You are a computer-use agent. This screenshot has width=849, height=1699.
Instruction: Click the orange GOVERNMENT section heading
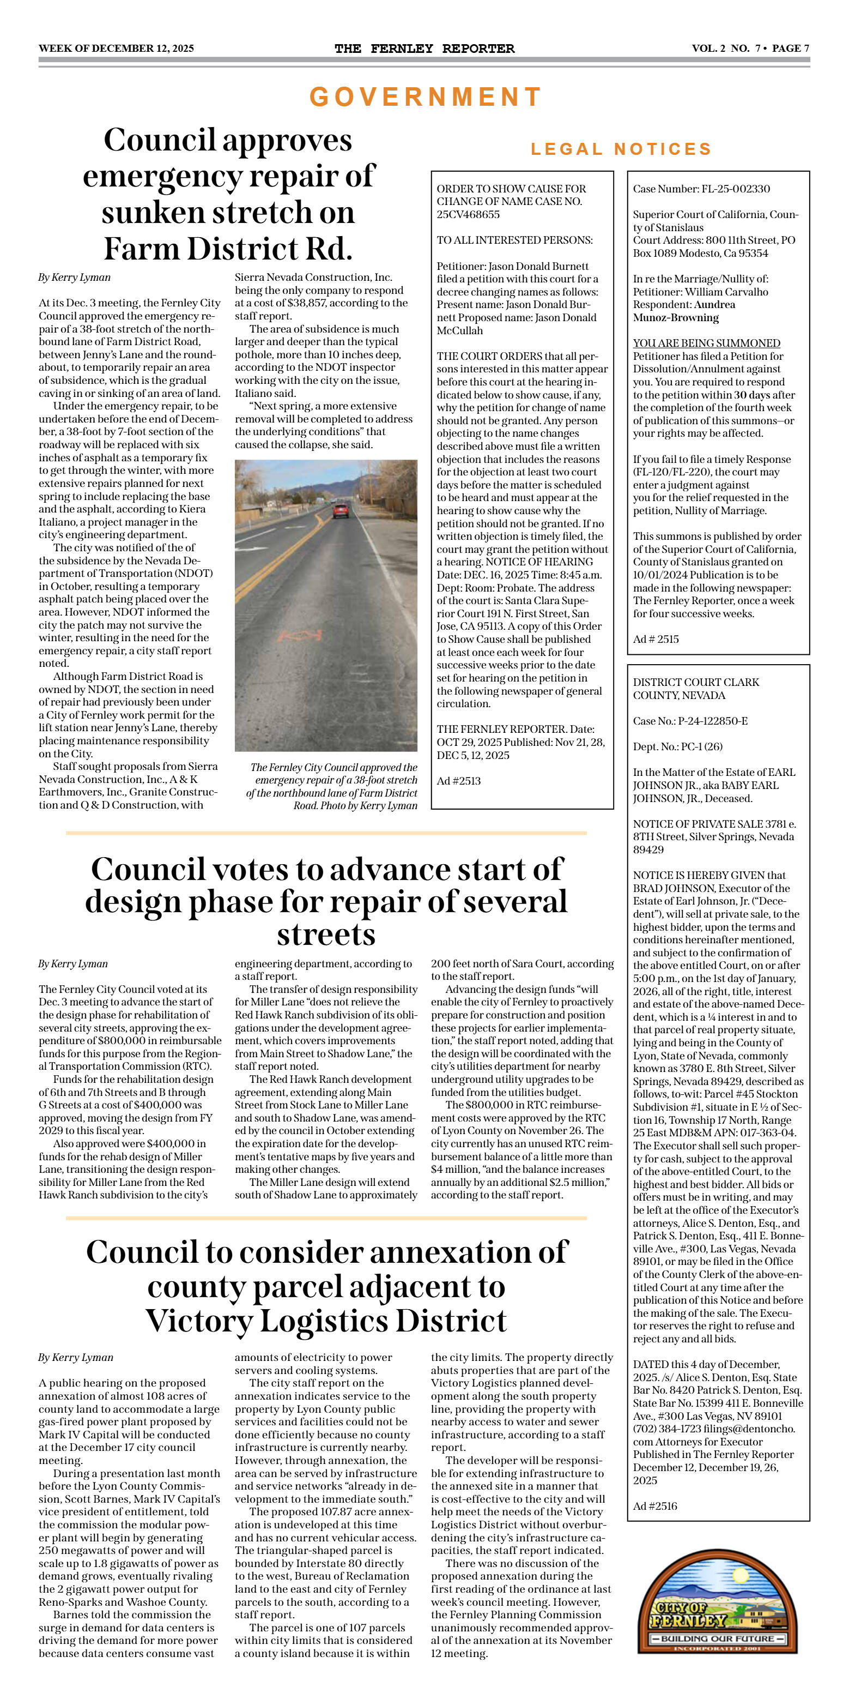pyautogui.click(x=424, y=97)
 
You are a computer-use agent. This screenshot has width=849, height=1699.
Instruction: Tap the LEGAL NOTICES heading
pyautogui.click(x=621, y=149)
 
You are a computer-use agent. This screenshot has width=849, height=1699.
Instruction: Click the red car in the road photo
pyautogui.click(x=340, y=510)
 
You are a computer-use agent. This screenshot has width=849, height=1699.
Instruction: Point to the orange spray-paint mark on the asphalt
pyautogui.click(x=300, y=635)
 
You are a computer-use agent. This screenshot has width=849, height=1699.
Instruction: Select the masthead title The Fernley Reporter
pyautogui.click(x=424, y=48)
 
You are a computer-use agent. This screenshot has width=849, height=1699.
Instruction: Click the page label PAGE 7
pyautogui.click(x=790, y=48)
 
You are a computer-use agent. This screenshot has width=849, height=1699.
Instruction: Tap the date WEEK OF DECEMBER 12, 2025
pyautogui.click(x=116, y=48)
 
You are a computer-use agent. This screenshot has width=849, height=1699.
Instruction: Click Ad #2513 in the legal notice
pyautogui.click(x=459, y=781)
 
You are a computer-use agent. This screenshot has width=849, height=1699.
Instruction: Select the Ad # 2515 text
pyautogui.click(x=656, y=639)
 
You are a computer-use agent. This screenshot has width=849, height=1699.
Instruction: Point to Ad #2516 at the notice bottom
pyautogui.click(x=655, y=1506)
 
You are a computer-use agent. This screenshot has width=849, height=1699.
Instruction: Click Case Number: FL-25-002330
pyautogui.click(x=701, y=189)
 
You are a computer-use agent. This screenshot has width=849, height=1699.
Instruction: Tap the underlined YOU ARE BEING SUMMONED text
pyautogui.click(x=707, y=343)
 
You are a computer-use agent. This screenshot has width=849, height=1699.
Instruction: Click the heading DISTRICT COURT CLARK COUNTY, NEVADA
pyautogui.click(x=696, y=689)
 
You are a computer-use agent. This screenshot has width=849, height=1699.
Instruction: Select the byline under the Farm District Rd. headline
pyautogui.click(x=75, y=278)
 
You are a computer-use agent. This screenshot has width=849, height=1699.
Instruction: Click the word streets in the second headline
pyautogui.click(x=326, y=935)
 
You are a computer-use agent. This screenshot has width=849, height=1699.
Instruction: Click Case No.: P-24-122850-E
pyautogui.click(x=690, y=721)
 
